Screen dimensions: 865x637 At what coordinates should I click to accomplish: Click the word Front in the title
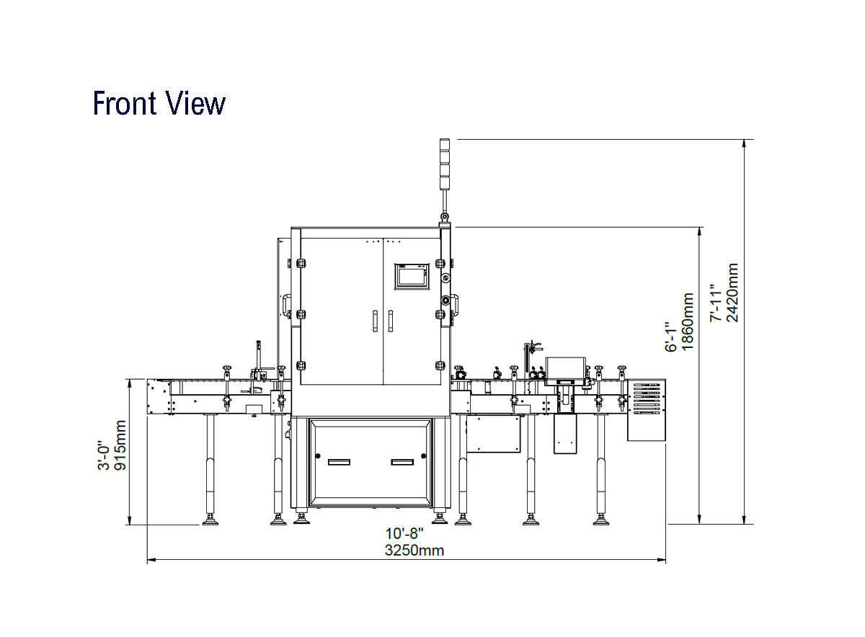tap(125, 103)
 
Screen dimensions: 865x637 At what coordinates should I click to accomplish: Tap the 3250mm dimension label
tap(414, 550)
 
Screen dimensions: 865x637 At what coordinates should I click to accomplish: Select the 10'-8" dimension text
tap(404, 533)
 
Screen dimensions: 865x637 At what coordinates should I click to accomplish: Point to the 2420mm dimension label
tap(732, 293)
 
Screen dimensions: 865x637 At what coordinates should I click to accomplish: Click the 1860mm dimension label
tap(688, 321)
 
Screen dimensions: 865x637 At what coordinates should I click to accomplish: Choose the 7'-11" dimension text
tap(716, 303)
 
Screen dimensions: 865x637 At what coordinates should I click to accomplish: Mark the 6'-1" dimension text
tap(671, 337)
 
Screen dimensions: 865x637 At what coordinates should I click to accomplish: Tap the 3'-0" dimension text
tap(104, 455)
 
